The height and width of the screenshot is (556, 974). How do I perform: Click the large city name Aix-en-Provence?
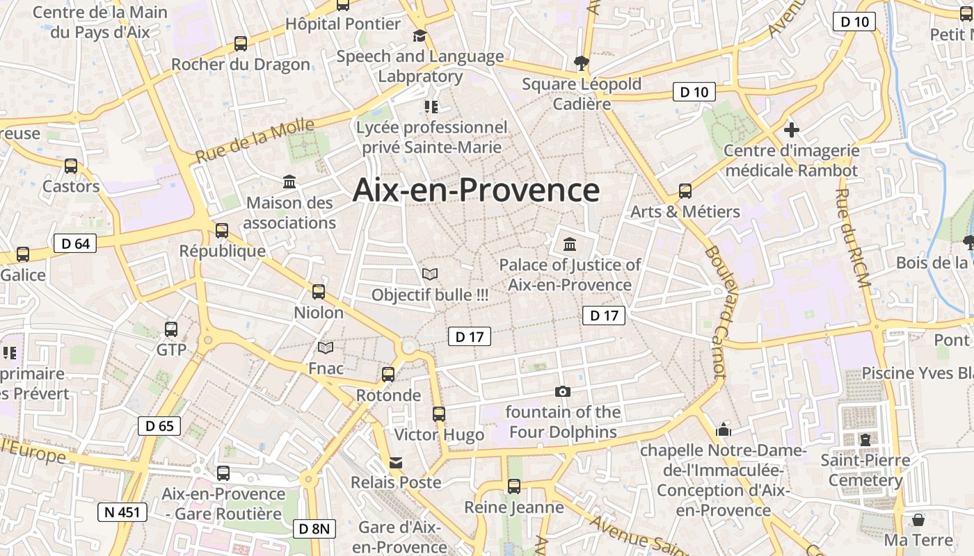pyautogui.click(x=476, y=190)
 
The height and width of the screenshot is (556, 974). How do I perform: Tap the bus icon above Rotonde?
pyautogui.click(x=388, y=375)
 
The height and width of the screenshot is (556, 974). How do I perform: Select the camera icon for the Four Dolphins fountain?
pyautogui.click(x=563, y=392)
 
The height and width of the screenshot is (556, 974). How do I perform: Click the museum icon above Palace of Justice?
pyautogui.click(x=570, y=244)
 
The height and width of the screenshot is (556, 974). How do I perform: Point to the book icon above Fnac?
pyautogui.click(x=326, y=347)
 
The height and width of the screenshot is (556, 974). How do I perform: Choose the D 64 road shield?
pyautogui.click(x=75, y=243)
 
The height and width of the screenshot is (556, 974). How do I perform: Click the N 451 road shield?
pyautogui.click(x=122, y=513)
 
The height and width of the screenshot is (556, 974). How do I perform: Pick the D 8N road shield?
pyautogui.click(x=315, y=529)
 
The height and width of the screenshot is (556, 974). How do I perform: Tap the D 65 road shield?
pyautogui.click(x=159, y=426)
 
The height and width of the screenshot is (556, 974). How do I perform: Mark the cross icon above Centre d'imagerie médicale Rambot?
pyautogui.click(x=791, y=130)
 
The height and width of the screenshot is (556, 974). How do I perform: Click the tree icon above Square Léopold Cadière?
pyautogui.click(x=581, y=63)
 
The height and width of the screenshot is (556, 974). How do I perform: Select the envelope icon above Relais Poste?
pyautogui.click(x=396, y=462)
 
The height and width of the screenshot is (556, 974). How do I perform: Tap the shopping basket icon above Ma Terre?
pyautogui.click(x=918, y=519)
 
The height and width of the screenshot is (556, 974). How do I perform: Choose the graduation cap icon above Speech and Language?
pyautogui.click(x=420, y=35)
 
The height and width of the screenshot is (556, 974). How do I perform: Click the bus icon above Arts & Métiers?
pyautogui.click(x=685, y=190)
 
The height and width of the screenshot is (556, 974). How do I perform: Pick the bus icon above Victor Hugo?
pyautogui.click(x=439, y=414)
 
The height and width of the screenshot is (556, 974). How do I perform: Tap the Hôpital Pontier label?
pyautogui.click(x=343, y=24)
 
